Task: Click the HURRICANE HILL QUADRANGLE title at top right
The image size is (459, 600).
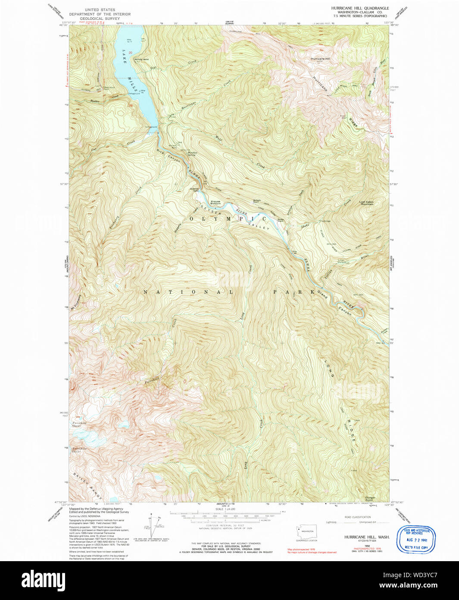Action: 360,8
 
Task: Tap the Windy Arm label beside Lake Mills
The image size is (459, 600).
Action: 141,59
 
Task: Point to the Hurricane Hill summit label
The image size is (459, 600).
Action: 320,59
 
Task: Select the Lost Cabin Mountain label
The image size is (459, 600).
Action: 366,203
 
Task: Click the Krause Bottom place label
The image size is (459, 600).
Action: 215,202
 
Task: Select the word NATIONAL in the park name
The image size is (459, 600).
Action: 188,292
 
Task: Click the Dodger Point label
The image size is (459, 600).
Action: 370,499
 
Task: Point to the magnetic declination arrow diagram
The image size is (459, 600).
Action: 151,524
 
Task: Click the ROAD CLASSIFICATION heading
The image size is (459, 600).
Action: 357,517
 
